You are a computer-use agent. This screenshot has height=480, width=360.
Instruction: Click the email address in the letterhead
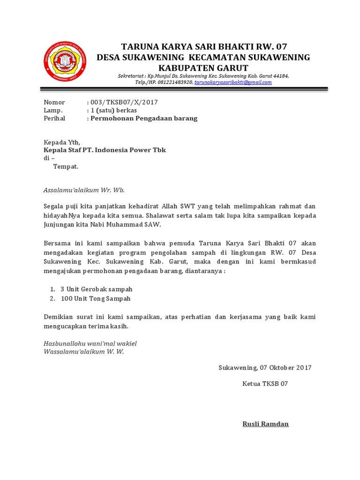point(233,82)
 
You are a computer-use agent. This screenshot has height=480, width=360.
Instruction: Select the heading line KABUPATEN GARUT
point(203,67)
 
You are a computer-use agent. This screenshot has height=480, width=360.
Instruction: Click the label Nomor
point(54,102)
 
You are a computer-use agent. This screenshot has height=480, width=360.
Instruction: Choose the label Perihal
point(54,118)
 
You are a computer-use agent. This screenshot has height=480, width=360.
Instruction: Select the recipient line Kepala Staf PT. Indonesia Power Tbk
point(105,150)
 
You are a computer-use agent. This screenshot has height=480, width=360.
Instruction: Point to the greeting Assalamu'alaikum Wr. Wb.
point(84,190)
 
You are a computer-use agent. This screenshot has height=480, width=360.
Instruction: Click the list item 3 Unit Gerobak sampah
point(96,289)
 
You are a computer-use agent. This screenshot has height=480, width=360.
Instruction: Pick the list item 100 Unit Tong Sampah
point(95,298)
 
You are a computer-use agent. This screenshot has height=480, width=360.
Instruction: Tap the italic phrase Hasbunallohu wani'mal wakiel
point(90,344)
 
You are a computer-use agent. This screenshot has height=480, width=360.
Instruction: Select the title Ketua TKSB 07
point(265,383)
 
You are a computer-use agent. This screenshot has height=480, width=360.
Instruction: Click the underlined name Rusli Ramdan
point(265,424)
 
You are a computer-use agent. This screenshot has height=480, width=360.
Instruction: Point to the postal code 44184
point(280,75)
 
